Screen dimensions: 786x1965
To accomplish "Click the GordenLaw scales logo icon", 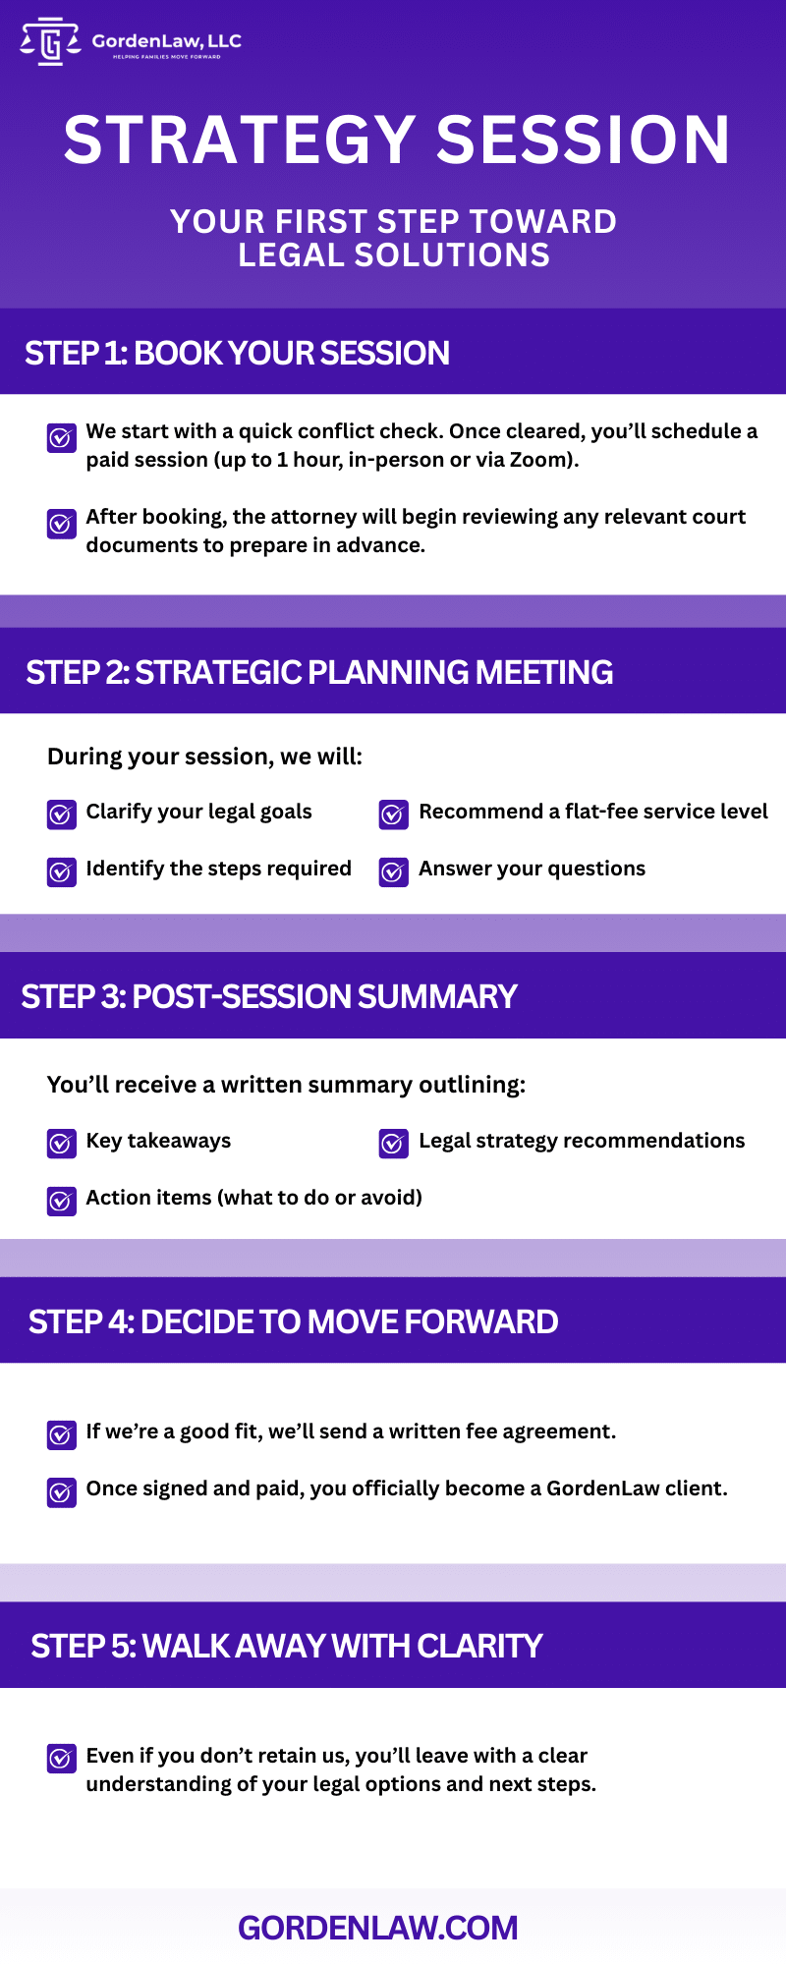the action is pos(50,41).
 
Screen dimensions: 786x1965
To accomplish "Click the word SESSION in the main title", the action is pos(584,140).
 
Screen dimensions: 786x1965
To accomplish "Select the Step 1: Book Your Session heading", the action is pos(238,353).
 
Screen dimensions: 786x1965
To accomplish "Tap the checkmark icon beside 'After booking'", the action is pos(62,524).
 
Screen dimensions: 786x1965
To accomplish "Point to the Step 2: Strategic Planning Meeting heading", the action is pos(319,672).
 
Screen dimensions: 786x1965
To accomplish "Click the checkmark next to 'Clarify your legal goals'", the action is pos(62,814).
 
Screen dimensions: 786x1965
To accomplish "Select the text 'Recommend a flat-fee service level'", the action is pos(593,812).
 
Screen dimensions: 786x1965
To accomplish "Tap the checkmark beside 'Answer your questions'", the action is pos(394,871).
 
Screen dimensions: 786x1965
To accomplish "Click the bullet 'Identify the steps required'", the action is pos(218,869).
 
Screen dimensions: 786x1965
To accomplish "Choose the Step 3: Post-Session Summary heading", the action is pos(269,996).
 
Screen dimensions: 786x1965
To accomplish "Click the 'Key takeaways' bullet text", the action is pos(158,1141).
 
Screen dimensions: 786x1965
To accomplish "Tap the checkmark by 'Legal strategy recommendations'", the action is pos(394,1144).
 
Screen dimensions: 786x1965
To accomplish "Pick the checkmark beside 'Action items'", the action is pos(62,1201).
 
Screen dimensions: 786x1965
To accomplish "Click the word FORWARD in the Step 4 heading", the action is pos(481,1321).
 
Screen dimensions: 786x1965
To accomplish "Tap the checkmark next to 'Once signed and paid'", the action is pos(62,1492).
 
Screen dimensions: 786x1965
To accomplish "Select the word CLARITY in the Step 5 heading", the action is pos(479,1646).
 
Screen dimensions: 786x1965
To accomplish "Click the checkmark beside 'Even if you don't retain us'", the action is pos(62,1759).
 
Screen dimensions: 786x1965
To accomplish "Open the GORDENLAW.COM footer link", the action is pos(378,1928).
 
